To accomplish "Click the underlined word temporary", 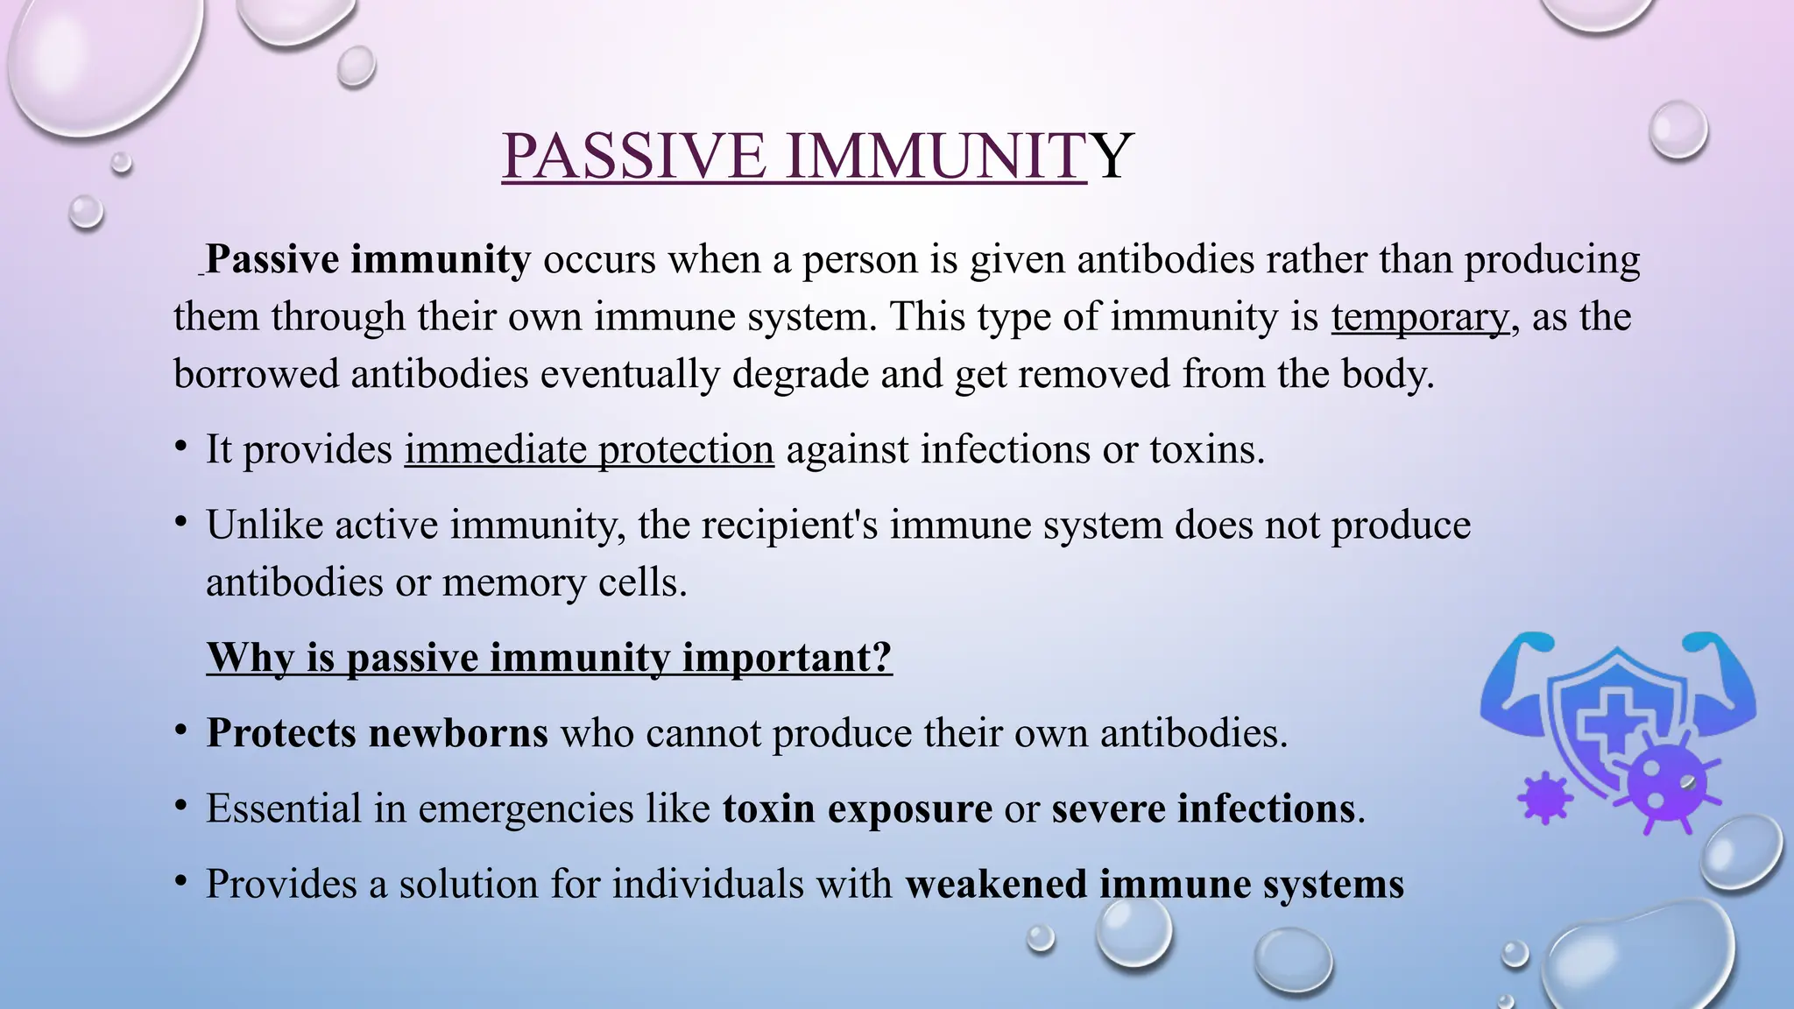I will click(x=1420, y=317).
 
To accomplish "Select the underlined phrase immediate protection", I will click(x=589, y=450).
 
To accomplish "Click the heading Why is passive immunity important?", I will click(x=549, y=658).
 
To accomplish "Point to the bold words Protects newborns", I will click(x=377, y=733).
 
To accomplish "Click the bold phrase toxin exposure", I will click(x=857, y=808).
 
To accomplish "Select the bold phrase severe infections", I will click(x=1203, y=808).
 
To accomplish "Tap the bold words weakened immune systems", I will click(x=1154, y=884).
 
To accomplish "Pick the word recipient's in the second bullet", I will click(x=795, y=526).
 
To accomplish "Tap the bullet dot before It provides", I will click(x=180, y=447).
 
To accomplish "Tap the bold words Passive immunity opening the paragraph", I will click(x=368, y=260).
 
